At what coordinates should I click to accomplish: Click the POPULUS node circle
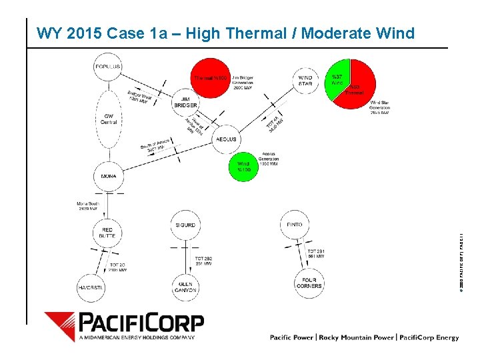point(108,67)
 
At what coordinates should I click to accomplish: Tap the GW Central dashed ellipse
point(109,119)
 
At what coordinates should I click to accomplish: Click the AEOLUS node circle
point(226,139)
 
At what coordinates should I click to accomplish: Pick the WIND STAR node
point(305,80)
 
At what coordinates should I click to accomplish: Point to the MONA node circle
point(108,176)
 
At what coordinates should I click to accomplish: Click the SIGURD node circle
point(185,225)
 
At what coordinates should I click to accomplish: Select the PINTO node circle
point(294,225)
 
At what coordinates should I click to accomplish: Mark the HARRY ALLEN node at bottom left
point(91,287)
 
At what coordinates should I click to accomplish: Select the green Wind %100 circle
point(244,166)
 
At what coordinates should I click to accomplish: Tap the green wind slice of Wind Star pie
point(337,79)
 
